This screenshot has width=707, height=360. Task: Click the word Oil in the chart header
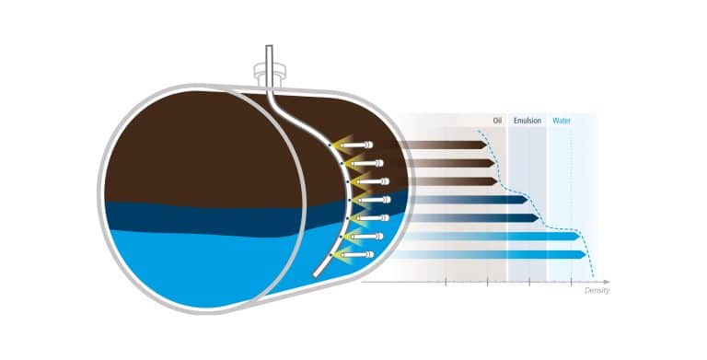coord(497,121)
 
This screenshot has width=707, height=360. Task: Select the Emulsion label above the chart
coord(527,121)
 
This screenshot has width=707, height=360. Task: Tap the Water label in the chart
coord(562,121)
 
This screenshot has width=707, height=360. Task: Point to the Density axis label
coord(597,291)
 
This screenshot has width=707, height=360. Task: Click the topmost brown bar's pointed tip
coord(486,145)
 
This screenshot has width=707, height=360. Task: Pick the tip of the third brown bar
coord(497,181)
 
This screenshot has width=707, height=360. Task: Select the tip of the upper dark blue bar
coord(527,199)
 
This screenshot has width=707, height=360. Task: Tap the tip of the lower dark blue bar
coord(539,218)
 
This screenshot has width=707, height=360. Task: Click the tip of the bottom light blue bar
coord(585,255)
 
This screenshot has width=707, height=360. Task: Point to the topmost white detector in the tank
coord(356,145)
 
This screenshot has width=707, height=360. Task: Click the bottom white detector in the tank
coord(356,255)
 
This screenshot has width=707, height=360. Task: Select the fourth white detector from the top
coord(374,200)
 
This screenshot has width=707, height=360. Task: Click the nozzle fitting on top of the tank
coord(269,75)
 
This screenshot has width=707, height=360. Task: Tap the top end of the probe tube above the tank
coord(269,46)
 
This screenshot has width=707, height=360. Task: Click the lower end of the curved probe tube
coord(316,274)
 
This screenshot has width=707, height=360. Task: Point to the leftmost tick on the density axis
coord(446,282)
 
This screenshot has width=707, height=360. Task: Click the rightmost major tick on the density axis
coord(572,282)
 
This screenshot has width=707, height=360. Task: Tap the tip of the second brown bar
coord(494,163)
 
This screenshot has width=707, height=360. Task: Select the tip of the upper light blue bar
coord(579,236)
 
